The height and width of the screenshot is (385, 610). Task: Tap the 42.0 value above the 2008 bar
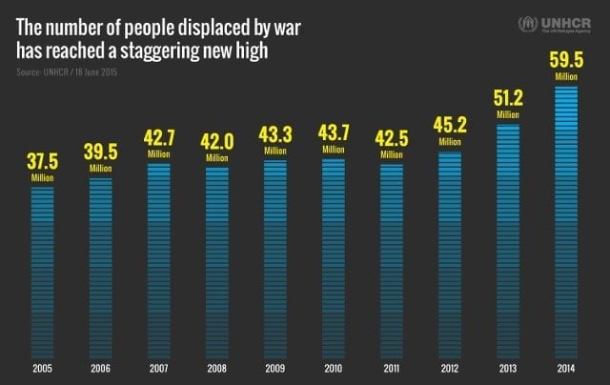(x=216, y=142)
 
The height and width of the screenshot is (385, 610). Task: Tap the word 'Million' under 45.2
(x=449, y=142)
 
